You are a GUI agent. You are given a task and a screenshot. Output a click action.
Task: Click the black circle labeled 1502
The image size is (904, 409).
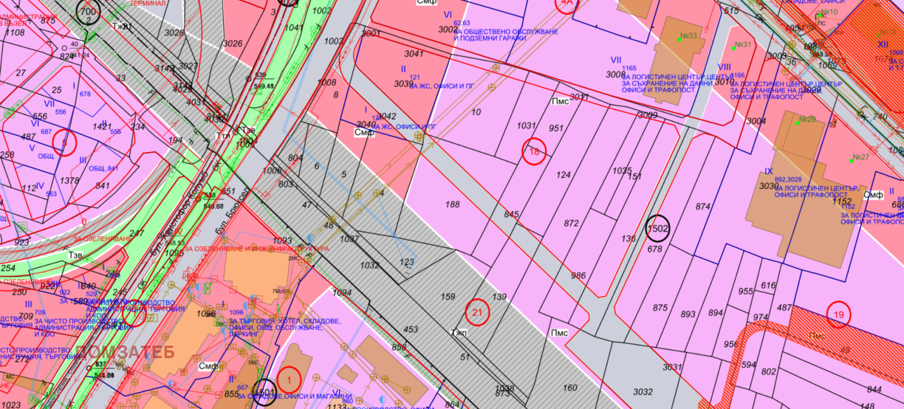click(x=658, y=228)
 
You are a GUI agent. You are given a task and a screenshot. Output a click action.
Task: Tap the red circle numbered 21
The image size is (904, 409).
click(x=477, y=312)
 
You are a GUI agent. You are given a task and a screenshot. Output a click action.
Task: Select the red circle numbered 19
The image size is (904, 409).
click(x=839, y=315)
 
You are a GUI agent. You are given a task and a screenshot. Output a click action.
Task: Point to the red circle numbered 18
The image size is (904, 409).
click(x=534, y=151)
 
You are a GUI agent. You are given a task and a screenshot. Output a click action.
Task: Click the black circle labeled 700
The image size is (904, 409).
click(x=88, y=11)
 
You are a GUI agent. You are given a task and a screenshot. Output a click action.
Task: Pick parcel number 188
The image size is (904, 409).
click(x=453, y=204)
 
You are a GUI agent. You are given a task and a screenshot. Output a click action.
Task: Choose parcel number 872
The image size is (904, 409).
click(x=571, y=223)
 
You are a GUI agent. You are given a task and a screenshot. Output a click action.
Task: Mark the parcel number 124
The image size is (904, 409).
click(x=563, y=175)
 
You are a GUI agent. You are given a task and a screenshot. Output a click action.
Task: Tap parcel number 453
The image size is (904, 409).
click(x=411, y=329)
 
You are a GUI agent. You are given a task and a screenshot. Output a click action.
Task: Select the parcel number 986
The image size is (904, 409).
click(x=578, y=276)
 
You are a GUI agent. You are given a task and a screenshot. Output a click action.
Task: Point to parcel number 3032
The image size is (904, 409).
click(x=643, y=391)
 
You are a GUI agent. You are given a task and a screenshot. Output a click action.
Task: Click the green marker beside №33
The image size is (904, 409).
click(x=679, y=40)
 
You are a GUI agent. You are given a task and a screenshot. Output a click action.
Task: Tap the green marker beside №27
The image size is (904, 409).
click(x=851, y=160)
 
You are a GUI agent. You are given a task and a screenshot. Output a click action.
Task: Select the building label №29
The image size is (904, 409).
click(x=807, y=119)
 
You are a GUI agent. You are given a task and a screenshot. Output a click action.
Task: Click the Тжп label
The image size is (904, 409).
click(x=459, y=333)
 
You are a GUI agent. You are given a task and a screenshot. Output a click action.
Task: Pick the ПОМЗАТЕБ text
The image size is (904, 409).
click(x=125, y=352)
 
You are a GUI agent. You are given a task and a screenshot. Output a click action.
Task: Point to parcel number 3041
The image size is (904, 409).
click(x=414, y=54)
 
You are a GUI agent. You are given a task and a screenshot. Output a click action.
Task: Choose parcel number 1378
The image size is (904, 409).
click(x=69, y=181)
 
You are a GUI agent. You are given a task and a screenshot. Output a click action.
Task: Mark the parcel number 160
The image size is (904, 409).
click(x=570, y=388)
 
